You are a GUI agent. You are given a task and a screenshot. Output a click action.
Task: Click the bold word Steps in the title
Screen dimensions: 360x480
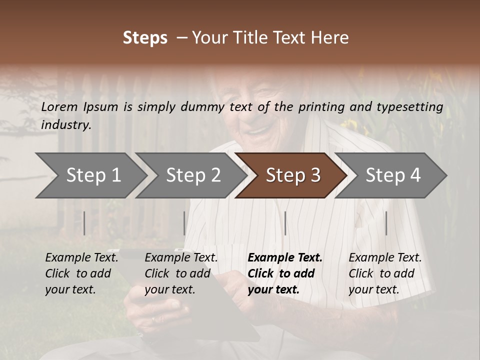145,37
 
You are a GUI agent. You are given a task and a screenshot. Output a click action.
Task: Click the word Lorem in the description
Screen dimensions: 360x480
59,106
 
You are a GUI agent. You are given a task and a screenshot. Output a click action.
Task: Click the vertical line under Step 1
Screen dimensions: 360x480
84,223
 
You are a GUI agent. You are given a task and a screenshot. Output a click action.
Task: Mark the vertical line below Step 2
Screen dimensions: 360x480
184,223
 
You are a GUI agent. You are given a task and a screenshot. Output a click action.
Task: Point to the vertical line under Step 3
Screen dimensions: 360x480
285,223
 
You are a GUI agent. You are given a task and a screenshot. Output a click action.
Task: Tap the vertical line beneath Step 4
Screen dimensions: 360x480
386,223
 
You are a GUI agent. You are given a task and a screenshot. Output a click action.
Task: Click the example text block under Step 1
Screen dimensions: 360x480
81,273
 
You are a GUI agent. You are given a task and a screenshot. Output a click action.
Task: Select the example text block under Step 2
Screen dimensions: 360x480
181,273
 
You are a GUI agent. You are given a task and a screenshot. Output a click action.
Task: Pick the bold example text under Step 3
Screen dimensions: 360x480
285,273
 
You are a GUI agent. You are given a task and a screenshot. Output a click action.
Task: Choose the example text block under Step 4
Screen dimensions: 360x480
385,273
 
